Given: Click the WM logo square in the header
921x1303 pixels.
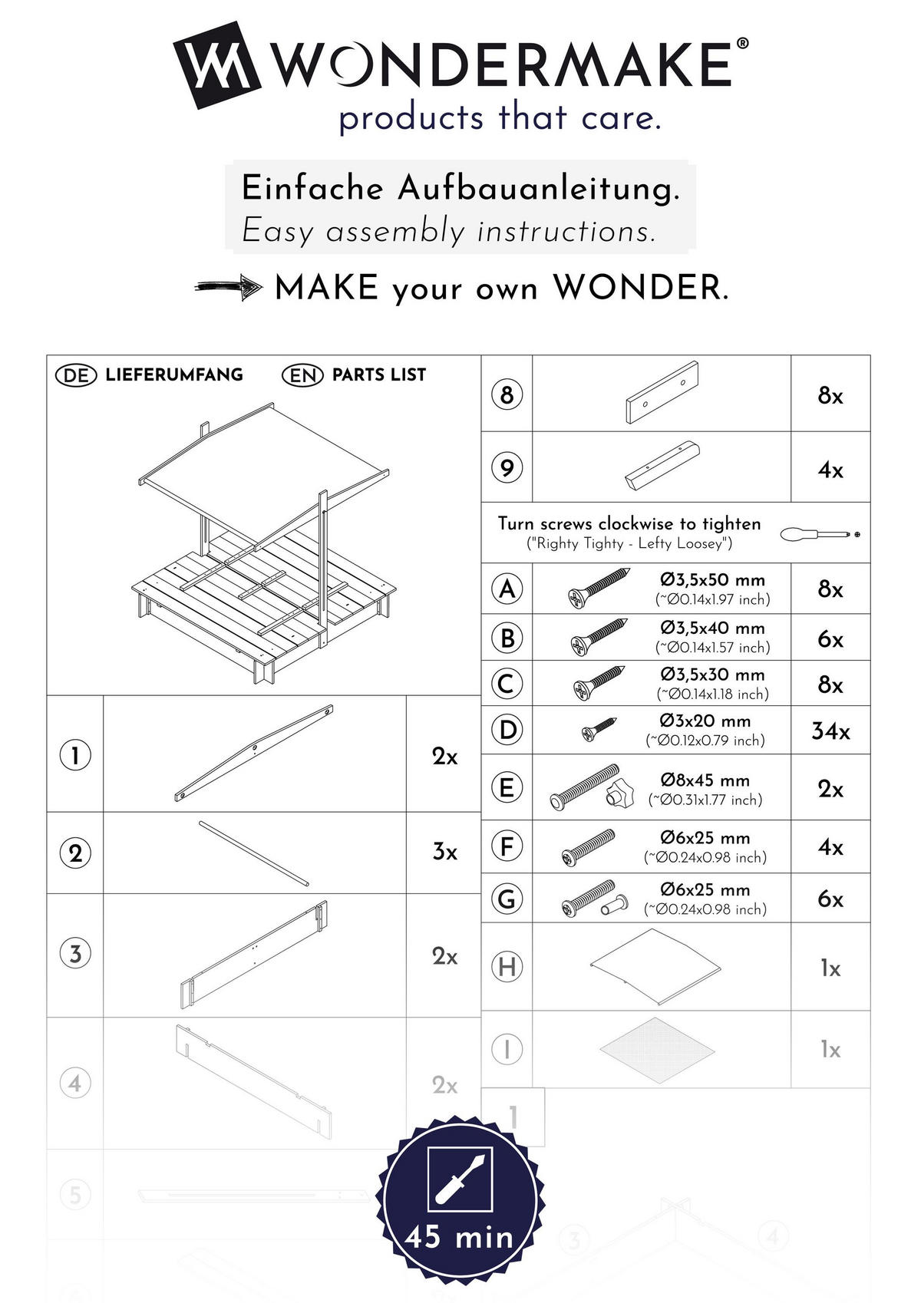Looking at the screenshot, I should pyautogui.click(x=217, y=64).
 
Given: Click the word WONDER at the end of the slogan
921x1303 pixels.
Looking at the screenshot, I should pyautogui.click(x=640, y=288).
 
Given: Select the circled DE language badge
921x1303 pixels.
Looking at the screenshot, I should pyautogui.click(x=76, y=375).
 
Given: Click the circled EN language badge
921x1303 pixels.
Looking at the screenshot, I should pyautogui.click(x=302, y=375).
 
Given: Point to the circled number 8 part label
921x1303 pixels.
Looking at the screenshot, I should pyautogui.click(x=507, y=395).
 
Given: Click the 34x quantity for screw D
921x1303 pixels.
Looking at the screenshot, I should pyautogui.click(x=830, y=731).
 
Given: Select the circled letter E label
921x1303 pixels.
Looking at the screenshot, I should pyautogui.click(x=507, y=788).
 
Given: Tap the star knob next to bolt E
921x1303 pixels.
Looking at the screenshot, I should pyautogui.click(x=618, y=795).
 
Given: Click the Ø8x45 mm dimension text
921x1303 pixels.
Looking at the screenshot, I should pyautogui.click(x=705, y=780).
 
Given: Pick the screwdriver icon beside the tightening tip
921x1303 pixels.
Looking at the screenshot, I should pyautogui.click(x=818, y=533).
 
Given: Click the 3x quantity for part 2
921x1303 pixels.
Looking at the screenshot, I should pyautogui.click(x=444, y=853).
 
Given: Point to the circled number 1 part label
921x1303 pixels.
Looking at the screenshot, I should pyautogui.click(x=75, y=756).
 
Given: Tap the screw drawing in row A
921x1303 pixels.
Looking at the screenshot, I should pyautogui.click(x=599, y=588).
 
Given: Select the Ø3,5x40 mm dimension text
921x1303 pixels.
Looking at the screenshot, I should pyautogui.click(x=712, y=628).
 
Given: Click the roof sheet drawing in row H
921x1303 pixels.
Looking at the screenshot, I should pyautogui.click(x=655, y=966).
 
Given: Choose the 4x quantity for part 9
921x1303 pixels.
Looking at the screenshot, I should pyautogui.click(x=830, y=470).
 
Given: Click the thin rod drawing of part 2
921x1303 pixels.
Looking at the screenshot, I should pyautogui.click(x=254, y=853).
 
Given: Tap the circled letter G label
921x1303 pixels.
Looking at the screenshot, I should pyautogui.click(x=507, y=899).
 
